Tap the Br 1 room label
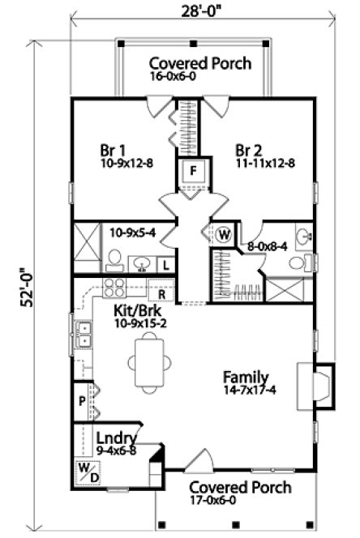[x=112, y=151]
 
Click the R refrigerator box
[x=162, y=293]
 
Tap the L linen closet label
[x=166, y=264]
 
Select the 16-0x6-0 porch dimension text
[x=178, y=77]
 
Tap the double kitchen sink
[x=83, y=335]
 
